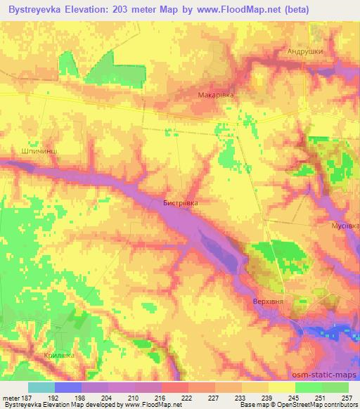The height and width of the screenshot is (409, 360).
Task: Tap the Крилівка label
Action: pos(59,356)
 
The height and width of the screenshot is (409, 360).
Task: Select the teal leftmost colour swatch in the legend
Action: pos(41,387)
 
